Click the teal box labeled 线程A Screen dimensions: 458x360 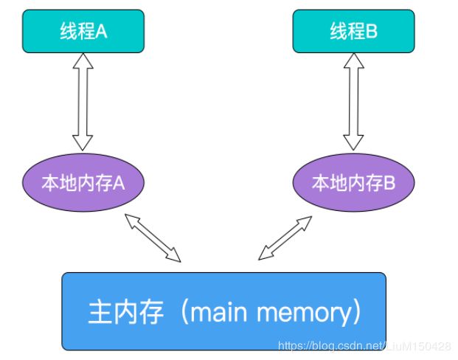point(83,31)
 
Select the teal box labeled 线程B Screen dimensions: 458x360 point(353,31)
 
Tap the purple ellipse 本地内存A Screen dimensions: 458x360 point(83,183)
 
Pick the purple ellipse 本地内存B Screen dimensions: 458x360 point(353,183)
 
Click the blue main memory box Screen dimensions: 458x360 point(223,311)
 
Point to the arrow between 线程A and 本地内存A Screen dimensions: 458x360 point(83,102)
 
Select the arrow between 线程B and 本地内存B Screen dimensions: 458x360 point(353,102)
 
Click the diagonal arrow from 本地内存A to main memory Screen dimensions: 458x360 point(153,238)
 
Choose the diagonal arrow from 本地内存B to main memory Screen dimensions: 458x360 point(285,238)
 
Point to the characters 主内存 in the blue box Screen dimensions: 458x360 point(125,312)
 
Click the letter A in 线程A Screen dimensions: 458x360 point(101,31)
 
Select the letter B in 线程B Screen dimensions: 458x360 point(372,31)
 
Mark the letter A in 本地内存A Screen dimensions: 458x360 point(119,184)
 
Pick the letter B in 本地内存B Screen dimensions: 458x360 point(389,184)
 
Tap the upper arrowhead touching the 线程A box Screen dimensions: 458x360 point(83,60)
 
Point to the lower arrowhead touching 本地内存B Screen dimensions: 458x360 point(353,143)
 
